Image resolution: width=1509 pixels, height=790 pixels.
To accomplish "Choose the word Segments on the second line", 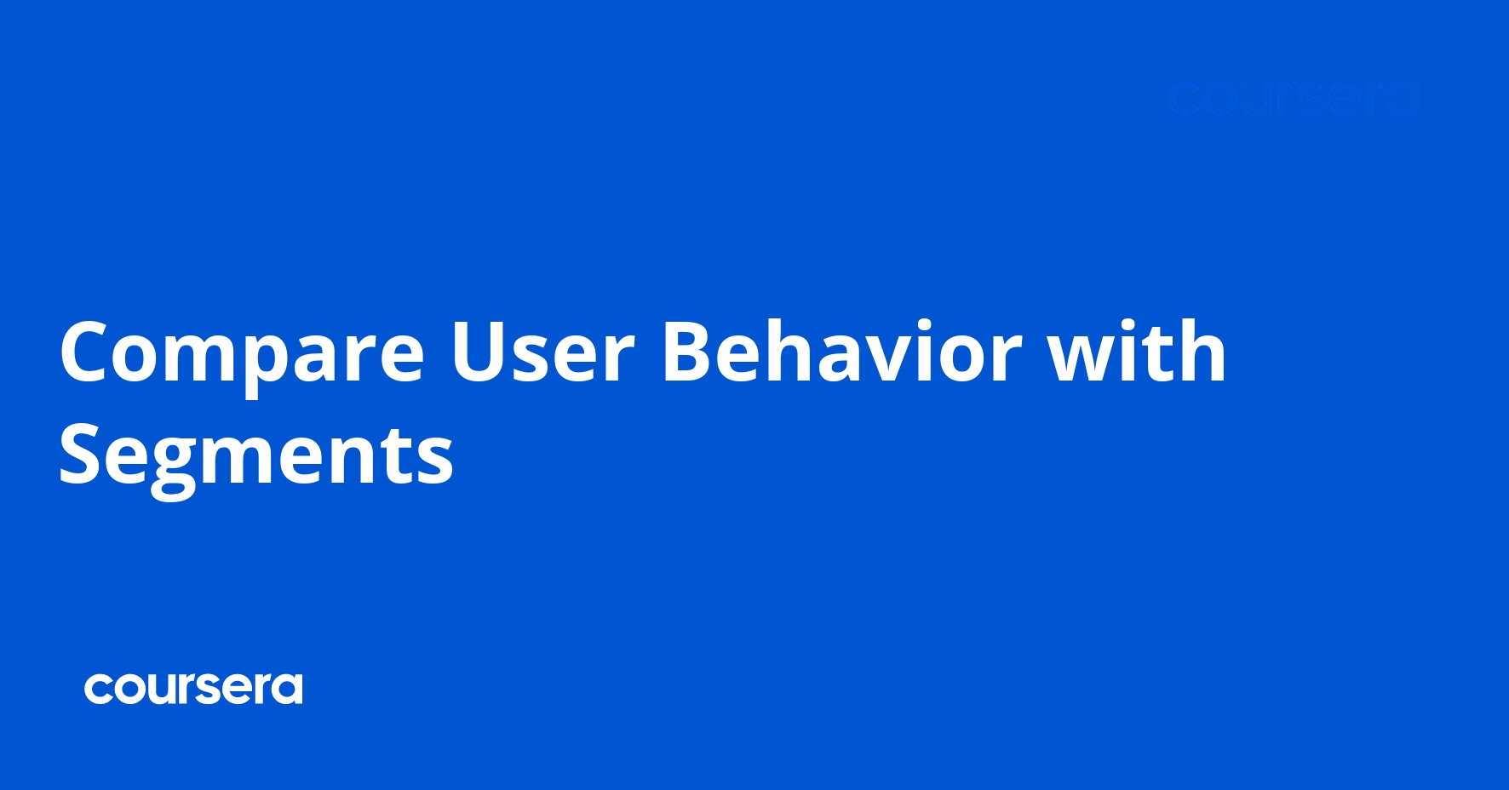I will (255, 457).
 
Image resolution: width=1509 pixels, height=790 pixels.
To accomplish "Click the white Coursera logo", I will (193, 689).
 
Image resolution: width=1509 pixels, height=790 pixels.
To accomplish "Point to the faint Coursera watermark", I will (1293, 100).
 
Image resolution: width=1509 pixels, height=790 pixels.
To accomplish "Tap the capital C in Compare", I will (85, 352).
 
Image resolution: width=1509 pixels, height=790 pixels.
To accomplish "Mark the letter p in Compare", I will (273, 362).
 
